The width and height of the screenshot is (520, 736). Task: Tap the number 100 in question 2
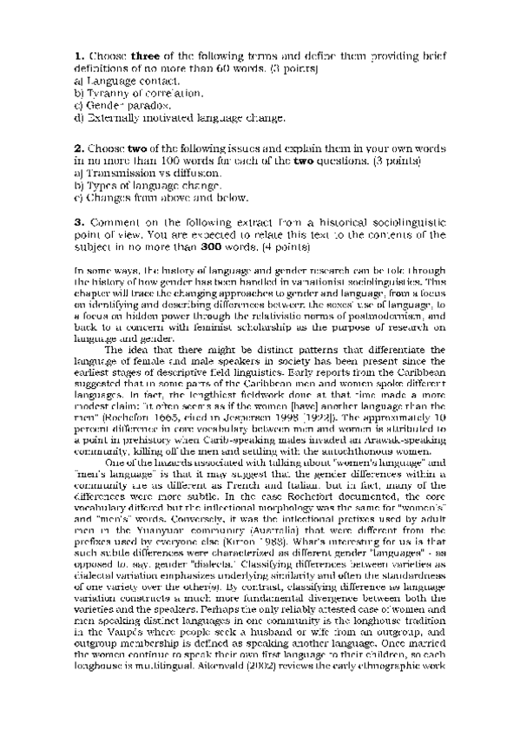point(163,161)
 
